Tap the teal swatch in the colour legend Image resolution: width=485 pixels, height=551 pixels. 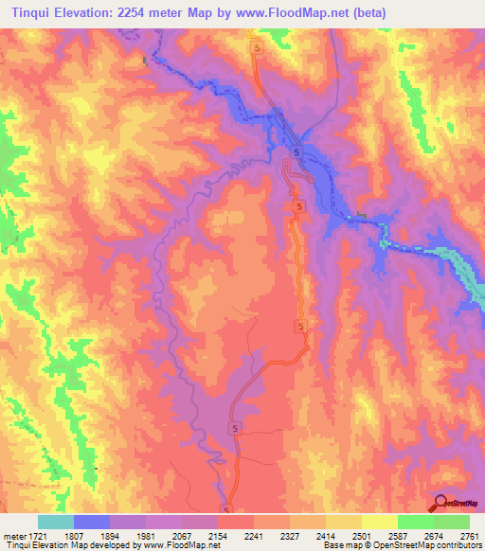(x=56, y=522)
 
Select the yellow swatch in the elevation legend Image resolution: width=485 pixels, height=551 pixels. (x=380, y=522)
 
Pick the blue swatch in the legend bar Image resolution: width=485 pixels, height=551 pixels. (x=92, y=522)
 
